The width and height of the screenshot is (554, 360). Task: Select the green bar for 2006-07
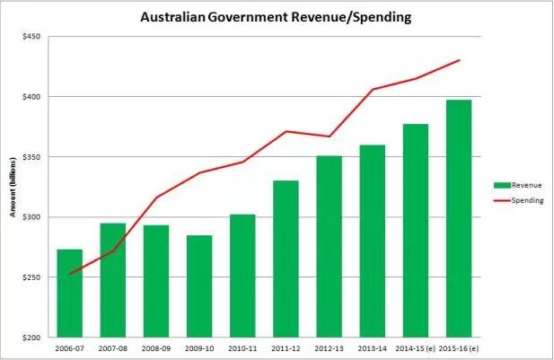[x=69, y=293]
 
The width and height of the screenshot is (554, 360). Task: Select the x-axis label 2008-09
[x=156, y=347]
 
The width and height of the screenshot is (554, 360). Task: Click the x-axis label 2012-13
[x=329, y=347]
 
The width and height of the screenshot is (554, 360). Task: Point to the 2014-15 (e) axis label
[x=414, y=347]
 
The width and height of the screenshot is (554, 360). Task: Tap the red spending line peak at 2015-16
[x=459, y=60]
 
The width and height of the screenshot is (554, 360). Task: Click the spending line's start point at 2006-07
[x=69, y=274]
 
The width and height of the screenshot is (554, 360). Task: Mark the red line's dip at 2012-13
[x=329, y=136]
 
